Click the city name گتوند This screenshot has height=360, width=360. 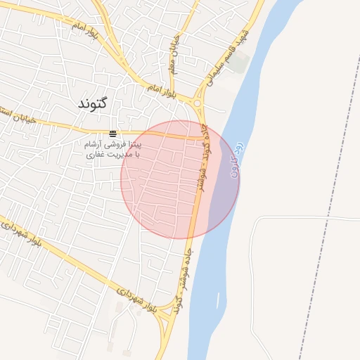pos(92,103)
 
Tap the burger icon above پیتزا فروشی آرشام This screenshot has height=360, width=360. pos(113,134)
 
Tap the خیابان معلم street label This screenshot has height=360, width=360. pos(172,56)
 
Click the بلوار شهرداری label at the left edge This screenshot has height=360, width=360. pos(21,236)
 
